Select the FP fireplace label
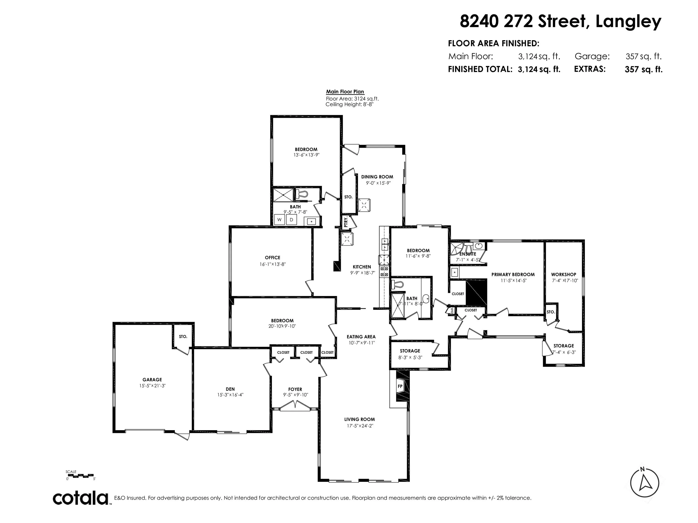(400, 386)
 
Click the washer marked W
(279, 220)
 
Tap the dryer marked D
(292, 220)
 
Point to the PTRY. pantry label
(346, 222)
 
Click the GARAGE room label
(152, 380)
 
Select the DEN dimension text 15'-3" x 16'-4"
(230, 395)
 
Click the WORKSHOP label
(563, 274)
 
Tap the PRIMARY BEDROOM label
(513, 274)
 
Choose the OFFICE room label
(272, 258)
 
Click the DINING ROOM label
(377, 177)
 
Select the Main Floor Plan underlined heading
(345, 92)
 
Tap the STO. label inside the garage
(183, 336)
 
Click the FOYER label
(295, 389)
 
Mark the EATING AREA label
(361, 337)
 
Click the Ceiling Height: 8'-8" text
(349, 104)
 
